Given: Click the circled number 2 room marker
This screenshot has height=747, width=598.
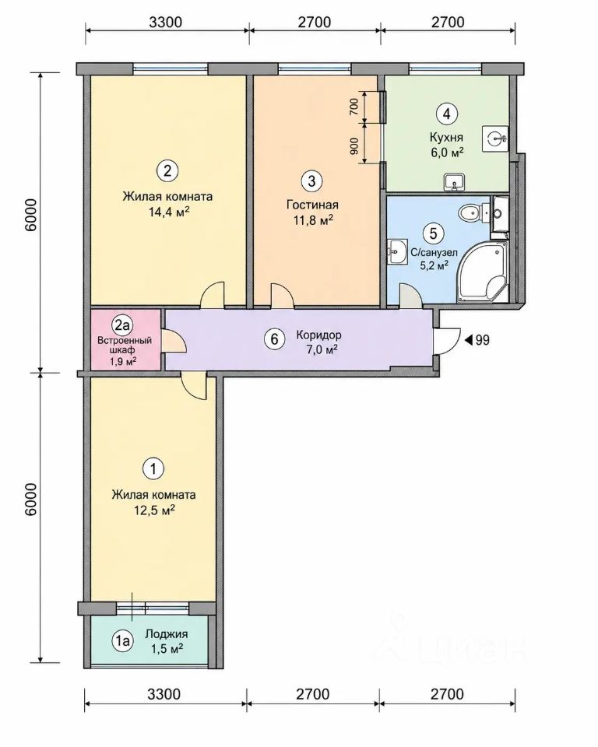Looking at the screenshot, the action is click(x=167, y=170).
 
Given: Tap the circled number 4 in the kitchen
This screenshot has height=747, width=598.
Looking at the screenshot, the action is click(x=446, y=114).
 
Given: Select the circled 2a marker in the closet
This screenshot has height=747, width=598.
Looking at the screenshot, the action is click(x=121, y=326).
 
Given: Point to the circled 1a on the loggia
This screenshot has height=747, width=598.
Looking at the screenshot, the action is click(x=121, y=641).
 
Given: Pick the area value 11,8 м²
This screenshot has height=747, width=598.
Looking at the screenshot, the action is click(x=312, y=220).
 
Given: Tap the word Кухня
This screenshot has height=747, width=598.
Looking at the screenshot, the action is click(x=446, y=138).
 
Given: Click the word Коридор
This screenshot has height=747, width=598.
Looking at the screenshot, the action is click(x=318, y=335).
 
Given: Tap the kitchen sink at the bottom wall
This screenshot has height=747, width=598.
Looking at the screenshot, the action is click(x=455, y=182).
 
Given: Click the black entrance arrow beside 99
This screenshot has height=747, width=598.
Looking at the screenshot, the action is click(x=468, y=340).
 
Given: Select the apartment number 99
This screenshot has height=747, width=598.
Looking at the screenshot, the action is click(x=483, y=340).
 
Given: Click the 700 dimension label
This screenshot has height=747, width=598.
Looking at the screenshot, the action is click(x=354, y=106).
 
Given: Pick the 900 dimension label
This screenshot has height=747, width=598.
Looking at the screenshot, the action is click(x=354, y=146).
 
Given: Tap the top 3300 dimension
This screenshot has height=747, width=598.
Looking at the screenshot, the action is click(x=166, y=22).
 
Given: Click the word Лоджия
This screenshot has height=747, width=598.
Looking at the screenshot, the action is click(x=167, y=634).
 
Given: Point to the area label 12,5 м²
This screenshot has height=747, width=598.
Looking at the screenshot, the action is click(x=154, y=510).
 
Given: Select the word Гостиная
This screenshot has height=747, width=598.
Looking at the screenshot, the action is click(x=312, y=205).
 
